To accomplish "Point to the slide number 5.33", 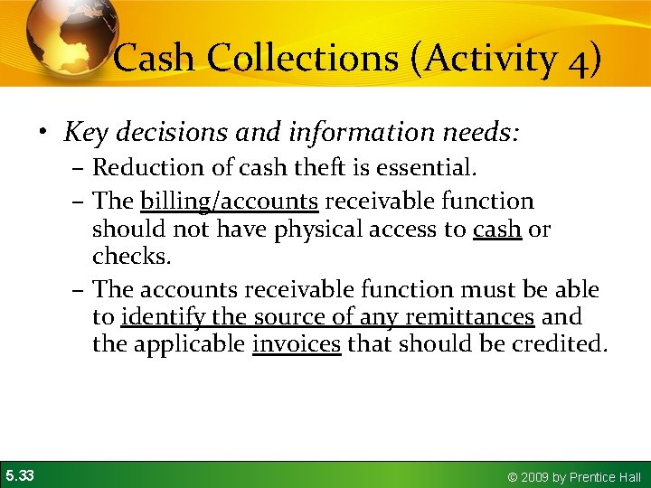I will coord(19,474).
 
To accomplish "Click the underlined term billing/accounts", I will coord(229,202).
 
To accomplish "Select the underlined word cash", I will coord(496,230).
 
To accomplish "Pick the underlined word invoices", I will coord(297,344).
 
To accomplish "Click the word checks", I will coord(131,258).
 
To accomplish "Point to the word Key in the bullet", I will coord(85,134).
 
